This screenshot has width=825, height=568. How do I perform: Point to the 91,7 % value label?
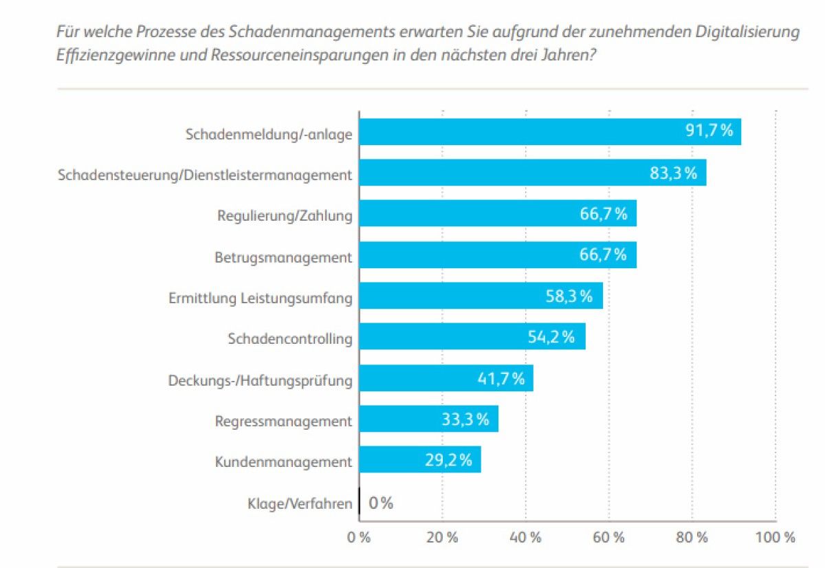(709, 131)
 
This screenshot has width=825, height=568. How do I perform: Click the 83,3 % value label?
(674, 173)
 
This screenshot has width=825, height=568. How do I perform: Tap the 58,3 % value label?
(569, 296)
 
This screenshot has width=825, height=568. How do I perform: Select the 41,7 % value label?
(500, 378)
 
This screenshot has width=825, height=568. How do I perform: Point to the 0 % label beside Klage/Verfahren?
(381, 503)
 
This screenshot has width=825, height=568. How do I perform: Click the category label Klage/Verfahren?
(300, 504)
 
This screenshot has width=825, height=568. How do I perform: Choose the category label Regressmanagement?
(283, 421)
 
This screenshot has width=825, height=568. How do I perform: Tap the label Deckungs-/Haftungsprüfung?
(260, 380)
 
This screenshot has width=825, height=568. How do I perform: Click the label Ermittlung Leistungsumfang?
(260, 298)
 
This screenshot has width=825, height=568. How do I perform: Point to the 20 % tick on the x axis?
(442, 537)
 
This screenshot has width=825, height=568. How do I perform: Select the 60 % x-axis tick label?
(608, 537)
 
